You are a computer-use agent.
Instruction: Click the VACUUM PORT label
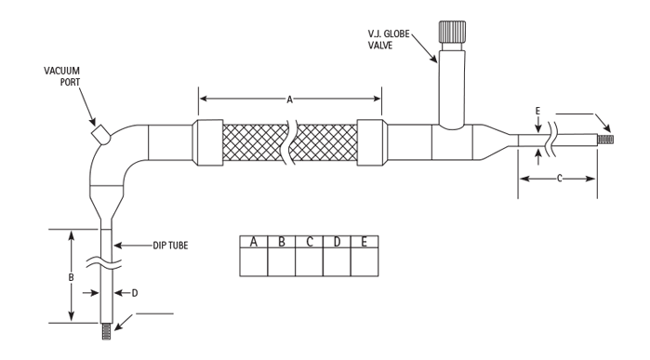[61, 76]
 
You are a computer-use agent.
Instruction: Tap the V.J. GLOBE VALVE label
[389, 39]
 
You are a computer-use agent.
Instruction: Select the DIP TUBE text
[170, 246]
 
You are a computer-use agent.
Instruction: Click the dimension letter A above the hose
[290, 100]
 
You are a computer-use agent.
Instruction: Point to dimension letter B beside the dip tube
[72, 277]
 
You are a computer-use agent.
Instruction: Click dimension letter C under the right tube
[559, 179]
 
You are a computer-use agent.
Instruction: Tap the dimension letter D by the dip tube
[135, 293]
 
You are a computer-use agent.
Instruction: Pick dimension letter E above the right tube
[537, 111]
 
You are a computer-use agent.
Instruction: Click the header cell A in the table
[254, 241]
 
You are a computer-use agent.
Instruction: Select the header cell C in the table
[310, 241]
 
